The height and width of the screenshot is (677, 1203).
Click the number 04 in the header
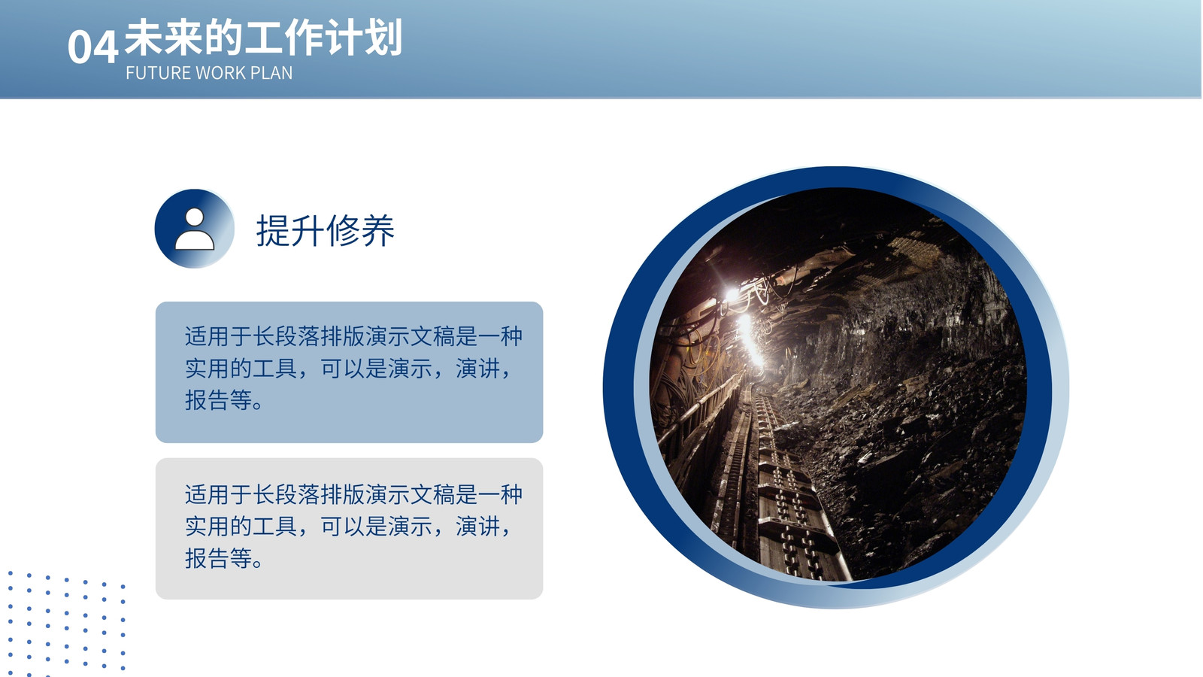pos(92,47)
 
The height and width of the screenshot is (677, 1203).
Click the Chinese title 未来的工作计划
pos(263,38)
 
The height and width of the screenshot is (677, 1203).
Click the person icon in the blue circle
pos(195,229)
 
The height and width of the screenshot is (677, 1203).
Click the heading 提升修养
pos(326,230)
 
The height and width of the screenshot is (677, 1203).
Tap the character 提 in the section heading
pos(274,230)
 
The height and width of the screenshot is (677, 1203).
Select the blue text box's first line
pos(353,337)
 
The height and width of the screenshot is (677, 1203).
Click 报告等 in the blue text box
pos(219,400)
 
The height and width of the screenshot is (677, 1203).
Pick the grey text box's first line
pos(353,495)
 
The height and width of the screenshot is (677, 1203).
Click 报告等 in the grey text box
pos(219,558)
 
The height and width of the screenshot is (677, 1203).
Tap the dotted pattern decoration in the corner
pos(65,624)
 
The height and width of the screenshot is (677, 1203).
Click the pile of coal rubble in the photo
pos(913,457)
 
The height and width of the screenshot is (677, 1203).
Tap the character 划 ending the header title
pos(383,38)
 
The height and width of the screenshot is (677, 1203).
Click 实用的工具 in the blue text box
pos(241,369)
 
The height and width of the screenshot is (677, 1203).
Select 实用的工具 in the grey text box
pos(241,527)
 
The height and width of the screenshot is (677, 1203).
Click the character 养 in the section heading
pos(378,230)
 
